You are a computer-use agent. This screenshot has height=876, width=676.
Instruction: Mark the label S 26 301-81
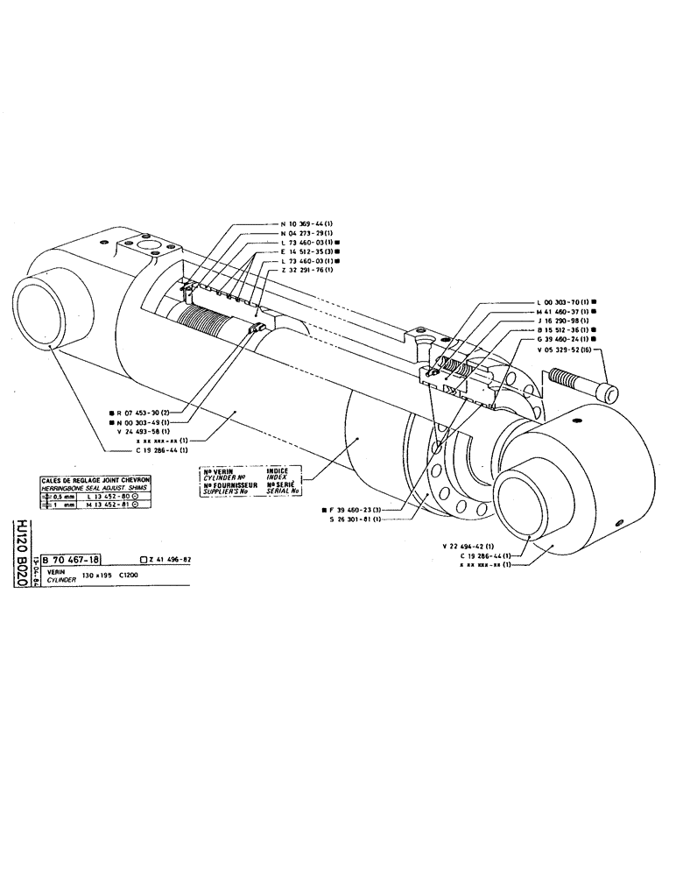coord(354,519)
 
